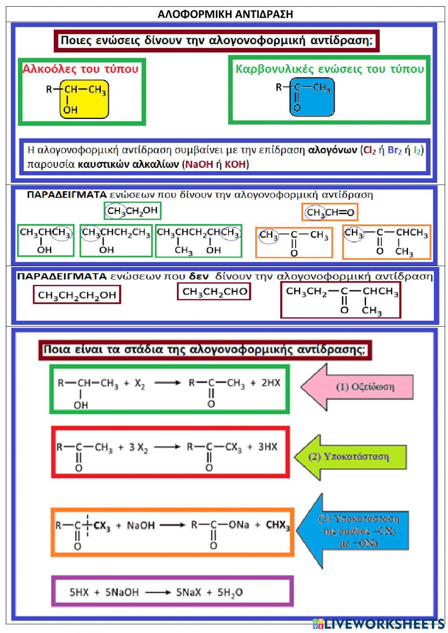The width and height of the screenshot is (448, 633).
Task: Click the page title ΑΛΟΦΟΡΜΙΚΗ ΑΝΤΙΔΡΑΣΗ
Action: pyautogui.click(x=225, y=14)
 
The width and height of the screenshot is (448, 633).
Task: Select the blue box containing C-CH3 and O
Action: pyautogui.click(x=311, y=97)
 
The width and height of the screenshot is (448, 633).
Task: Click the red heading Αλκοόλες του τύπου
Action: pyautogui.click(x=81, y=69)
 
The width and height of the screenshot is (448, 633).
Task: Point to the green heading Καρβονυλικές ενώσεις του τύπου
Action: pyautogui.click(x=329, y=69)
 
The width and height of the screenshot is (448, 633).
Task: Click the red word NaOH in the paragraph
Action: pyautogui.click(x=199, y=164)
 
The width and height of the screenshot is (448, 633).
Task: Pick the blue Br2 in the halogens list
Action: pyautogui.click(x=395, y=150)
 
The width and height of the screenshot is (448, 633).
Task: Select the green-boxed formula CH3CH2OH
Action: pyautogui.click(x=132, y=211)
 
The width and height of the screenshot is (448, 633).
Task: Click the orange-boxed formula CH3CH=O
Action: pyautogui.click(x=330, y=212)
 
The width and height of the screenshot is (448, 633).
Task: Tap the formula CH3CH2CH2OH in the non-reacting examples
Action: pyautogui.click(x=77, y=295)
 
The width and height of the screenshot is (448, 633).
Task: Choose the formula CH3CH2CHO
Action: pyautogui.click(x=214, y=292)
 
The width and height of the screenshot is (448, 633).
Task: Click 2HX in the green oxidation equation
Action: pyautogui.click(x=271, y=383)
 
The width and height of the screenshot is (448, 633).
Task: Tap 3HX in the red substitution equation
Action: pyautogui.click(x=267, y=447)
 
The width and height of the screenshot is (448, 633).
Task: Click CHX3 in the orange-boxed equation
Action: pyautogui.click(x=278, y=525)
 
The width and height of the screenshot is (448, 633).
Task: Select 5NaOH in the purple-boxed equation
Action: pyautogui.click(x=122, y=593)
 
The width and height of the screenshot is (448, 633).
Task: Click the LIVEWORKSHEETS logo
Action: pyautogui.click(x=379, y=624)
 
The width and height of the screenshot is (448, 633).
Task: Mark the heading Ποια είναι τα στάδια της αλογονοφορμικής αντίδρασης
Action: pyautogui.click(x=205, y=350)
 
